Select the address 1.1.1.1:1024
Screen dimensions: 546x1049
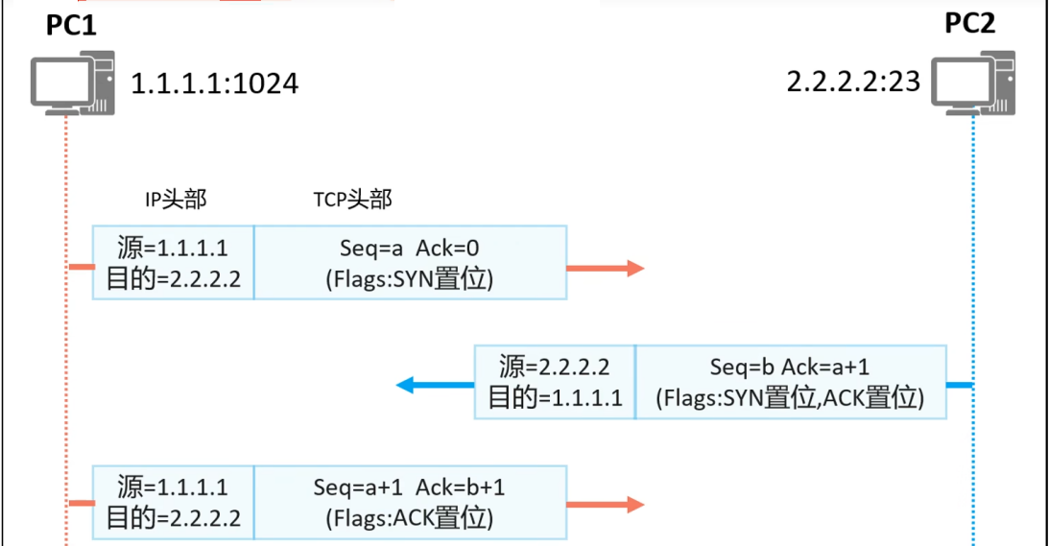pos(214,83)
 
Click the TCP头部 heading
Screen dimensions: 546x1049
pos(352,200)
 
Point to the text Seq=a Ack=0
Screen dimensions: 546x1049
pos(410,249)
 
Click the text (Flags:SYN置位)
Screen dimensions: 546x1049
pos(410,280)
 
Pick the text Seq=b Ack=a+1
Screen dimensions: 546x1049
pos(790,368)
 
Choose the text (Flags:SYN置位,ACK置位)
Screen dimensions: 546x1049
pos(790,398)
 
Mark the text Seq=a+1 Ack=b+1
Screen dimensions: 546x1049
pos(410,487)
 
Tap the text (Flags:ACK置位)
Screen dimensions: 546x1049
pos(410,519)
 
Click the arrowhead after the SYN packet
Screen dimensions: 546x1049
pos(634,269)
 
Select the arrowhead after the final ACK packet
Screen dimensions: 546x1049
pos(634,505)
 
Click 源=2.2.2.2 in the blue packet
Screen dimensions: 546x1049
pos(555,368)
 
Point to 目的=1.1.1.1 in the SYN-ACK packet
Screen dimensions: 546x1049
pos(555,398)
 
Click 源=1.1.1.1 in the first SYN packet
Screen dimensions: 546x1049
pos(173,249)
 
